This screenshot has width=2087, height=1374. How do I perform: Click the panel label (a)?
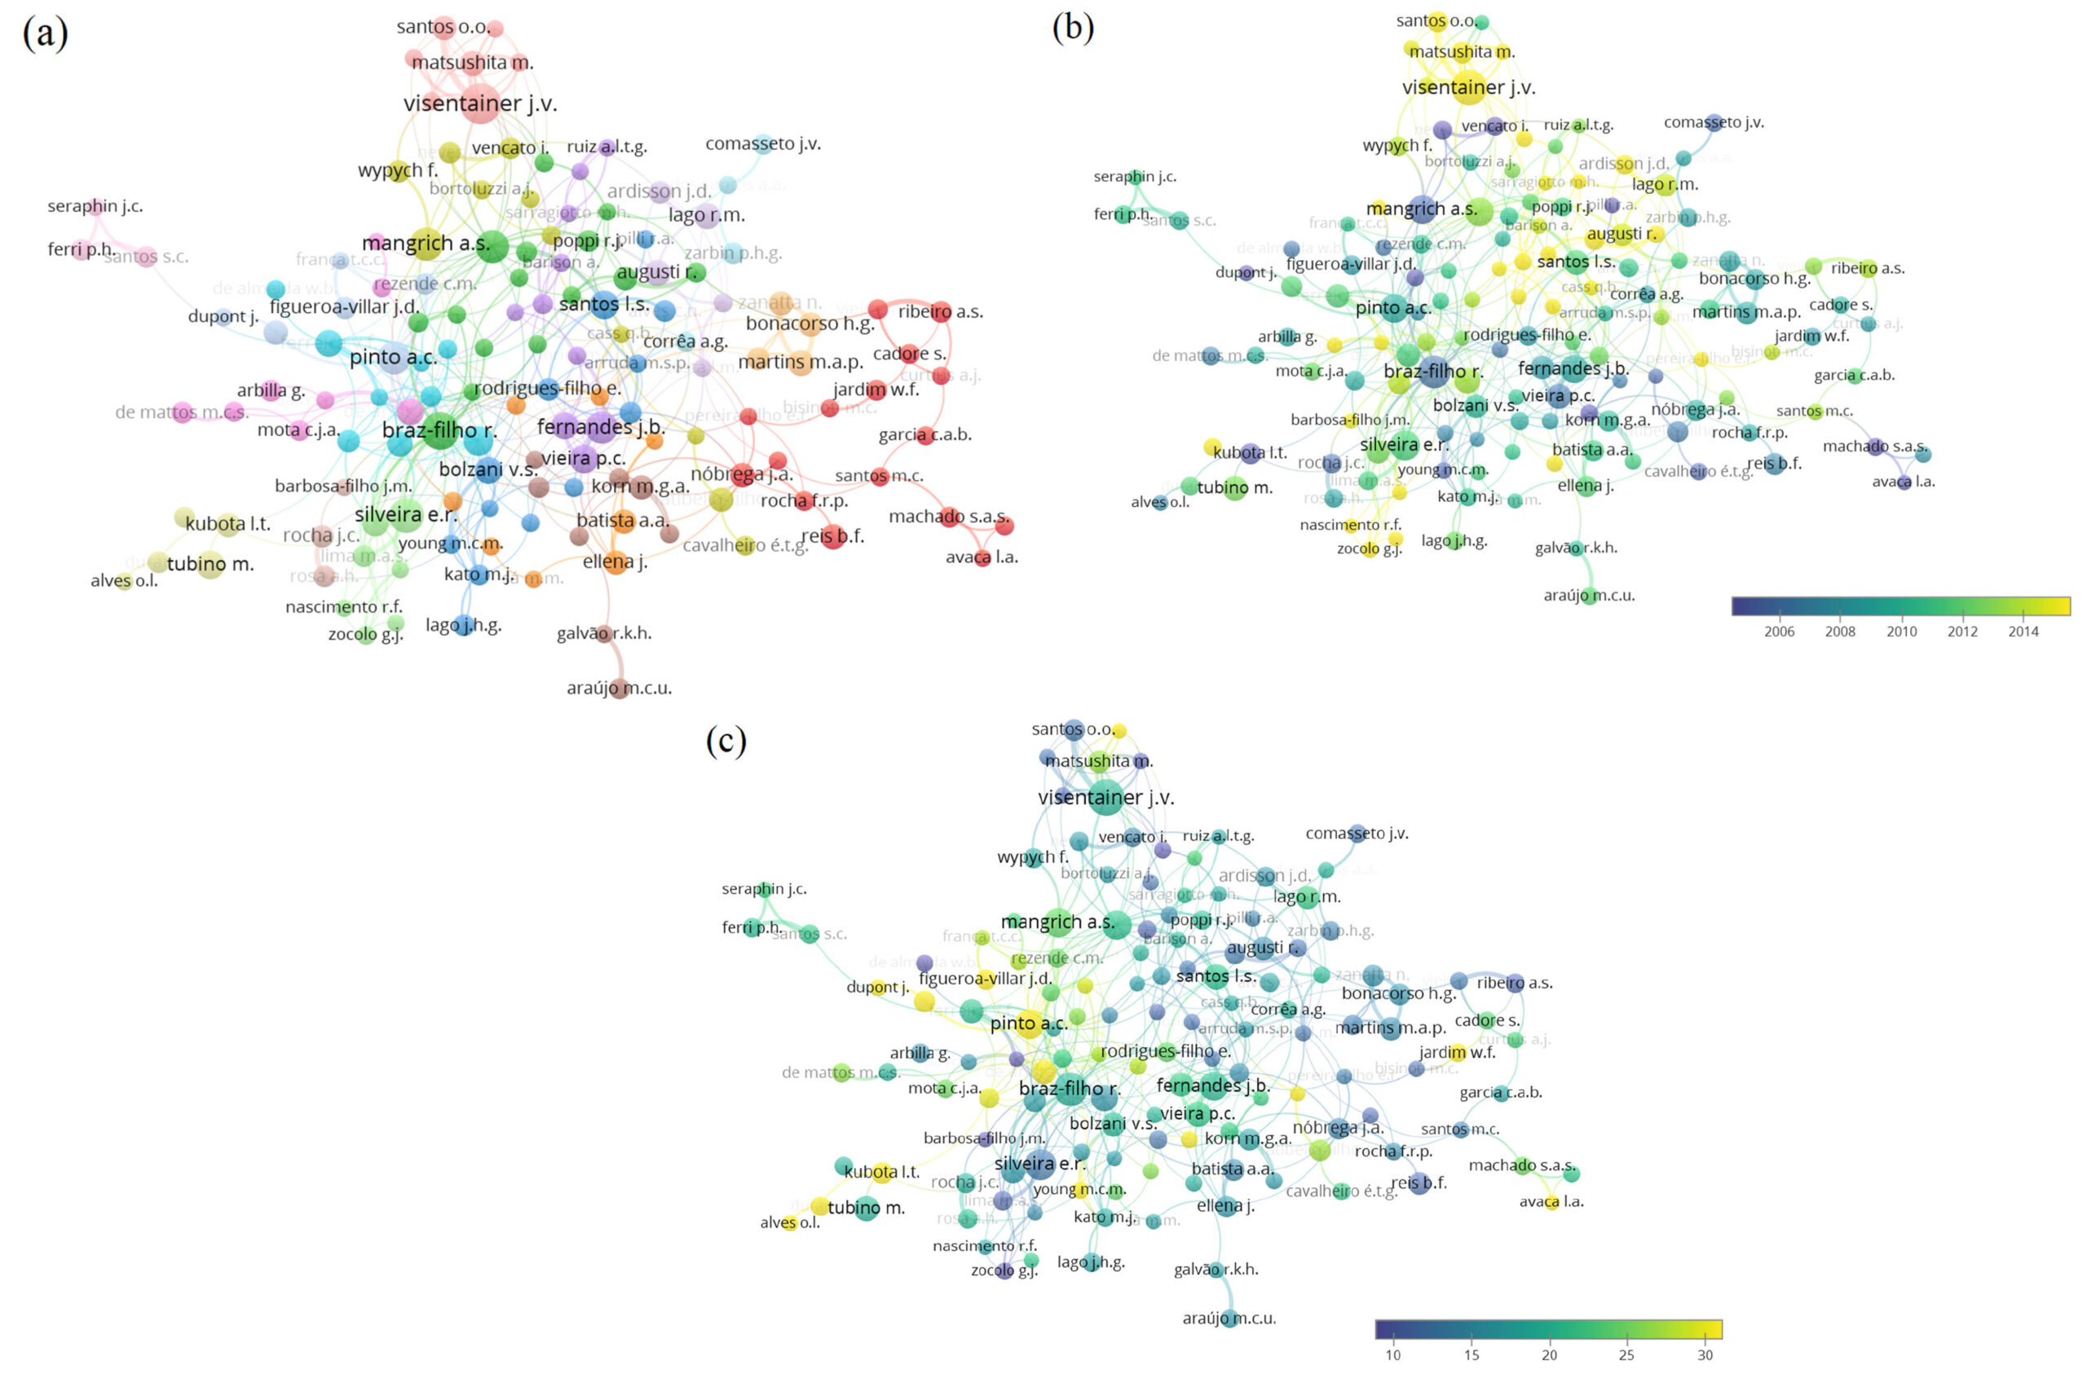pos(45,33)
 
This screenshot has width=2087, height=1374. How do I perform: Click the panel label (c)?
pos(726,740)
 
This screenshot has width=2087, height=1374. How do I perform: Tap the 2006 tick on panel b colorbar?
pos(1779,632)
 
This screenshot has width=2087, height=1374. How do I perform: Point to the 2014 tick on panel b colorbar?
pos(2023,632)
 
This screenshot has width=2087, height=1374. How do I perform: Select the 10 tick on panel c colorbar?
pos(1392,1354)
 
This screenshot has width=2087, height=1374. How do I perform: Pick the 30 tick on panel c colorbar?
pos(1705,1354)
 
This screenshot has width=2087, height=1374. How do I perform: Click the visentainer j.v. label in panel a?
pos(479,103)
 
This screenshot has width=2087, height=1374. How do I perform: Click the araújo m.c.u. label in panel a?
pos(619,689)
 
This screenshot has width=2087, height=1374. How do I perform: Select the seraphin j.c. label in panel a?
pos(95,206)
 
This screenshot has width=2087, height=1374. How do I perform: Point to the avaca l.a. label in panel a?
pos(982,557)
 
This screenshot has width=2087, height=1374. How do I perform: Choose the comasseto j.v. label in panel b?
pos(1714,122)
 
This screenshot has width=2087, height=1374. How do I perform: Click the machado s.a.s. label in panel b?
pos(1875,447)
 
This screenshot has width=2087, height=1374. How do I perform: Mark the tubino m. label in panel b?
pos(1233,487)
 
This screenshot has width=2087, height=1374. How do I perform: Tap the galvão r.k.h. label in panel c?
pos(1216,1269)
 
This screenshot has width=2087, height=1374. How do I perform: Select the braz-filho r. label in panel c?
pos(1069,1089)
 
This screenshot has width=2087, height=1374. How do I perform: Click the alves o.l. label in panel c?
pos(789,1222)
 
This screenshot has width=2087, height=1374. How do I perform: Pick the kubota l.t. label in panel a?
pos(227,524)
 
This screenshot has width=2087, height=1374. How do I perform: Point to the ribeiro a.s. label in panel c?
pos(1515,983)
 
